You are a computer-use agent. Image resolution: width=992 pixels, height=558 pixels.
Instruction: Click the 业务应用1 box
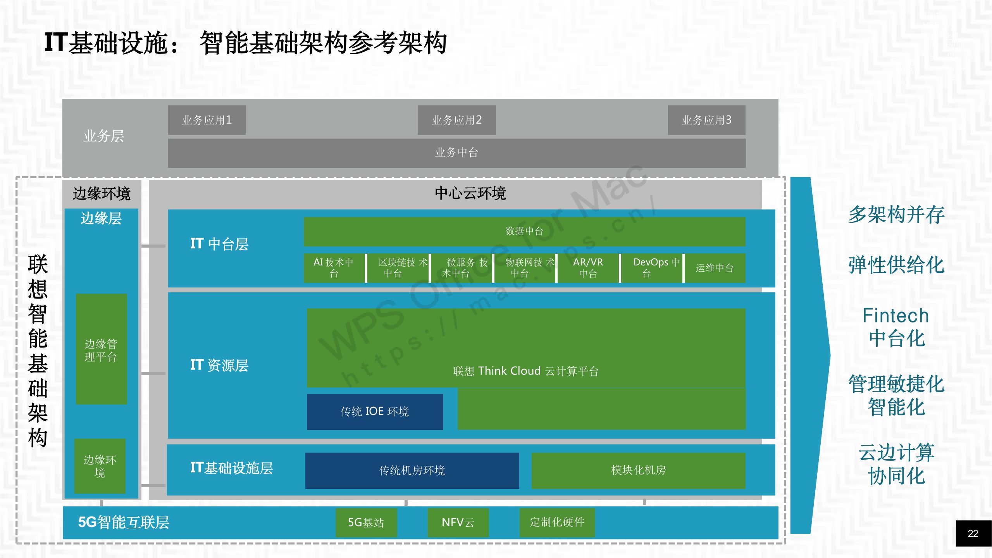click(x=207, y=120)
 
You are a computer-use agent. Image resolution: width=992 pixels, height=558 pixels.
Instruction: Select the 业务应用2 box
click(x=456, y=120)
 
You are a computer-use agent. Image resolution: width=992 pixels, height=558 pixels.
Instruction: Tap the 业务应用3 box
click(x=706, y=120)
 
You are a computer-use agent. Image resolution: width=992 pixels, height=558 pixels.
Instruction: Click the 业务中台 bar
click(x=456, y=153)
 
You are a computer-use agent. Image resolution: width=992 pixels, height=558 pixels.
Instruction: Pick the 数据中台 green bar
click(x=524, y=231)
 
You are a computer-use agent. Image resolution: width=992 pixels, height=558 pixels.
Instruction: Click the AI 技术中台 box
click(x=334, y=268)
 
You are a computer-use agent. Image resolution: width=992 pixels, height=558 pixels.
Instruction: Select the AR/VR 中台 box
click(x=588, y=268)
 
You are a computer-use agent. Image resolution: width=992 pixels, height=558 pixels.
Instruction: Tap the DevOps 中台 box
click(x=651, y=268)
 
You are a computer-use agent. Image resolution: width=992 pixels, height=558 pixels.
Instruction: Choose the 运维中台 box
click(x=715, y=268)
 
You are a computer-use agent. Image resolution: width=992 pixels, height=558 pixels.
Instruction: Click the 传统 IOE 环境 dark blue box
click(x=375, y=412)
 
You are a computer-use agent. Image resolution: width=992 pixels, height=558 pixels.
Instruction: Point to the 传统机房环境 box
click(x=412, y=470)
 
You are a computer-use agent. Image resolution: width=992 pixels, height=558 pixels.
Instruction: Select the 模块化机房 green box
click(x=638, y=470)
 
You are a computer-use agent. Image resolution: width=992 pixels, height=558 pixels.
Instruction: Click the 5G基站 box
click(x=366, y=522)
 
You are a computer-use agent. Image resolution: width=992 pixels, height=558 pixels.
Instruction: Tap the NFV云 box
click(x=458, y=522)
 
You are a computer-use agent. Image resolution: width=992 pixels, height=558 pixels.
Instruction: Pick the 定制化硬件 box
click(x=557, y=522)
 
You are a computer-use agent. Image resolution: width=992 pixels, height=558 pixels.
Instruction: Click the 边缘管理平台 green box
click(x=101, y=349)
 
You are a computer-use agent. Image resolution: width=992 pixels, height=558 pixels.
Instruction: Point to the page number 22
click(x=973, y=534)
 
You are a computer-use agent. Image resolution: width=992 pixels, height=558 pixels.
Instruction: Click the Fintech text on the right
click(x=896, y=316)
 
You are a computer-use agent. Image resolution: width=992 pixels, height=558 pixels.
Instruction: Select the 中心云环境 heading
click(x=470, y=193)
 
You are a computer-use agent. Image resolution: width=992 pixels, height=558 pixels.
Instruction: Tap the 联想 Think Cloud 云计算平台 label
click(x=526, y=371)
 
